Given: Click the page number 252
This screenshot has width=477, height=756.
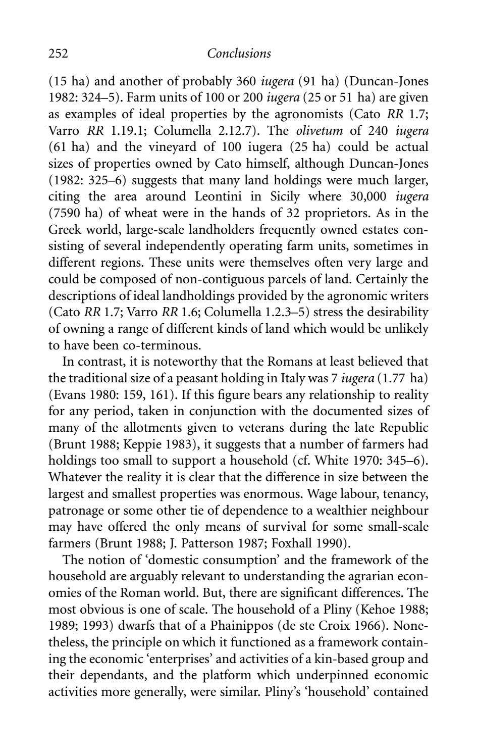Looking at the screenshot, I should coord(58,53).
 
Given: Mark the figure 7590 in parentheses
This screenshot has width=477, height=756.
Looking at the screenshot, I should coord(68,213).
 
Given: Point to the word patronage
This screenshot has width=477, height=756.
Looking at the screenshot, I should coord(72,510).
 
